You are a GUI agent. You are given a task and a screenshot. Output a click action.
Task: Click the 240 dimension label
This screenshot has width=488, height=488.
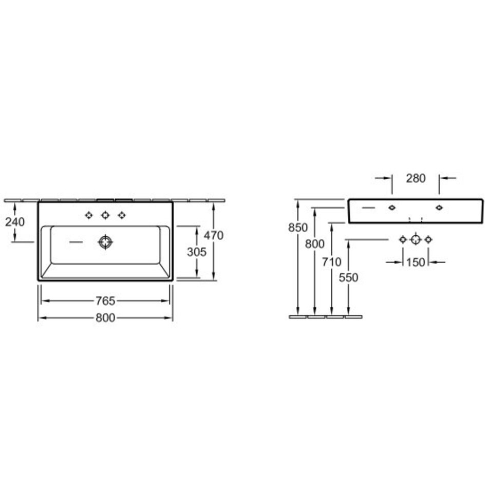pyautogui.click(x=14, y=222)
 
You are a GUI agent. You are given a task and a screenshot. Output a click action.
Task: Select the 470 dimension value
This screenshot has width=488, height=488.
pyautogui.click(x=214, y=235)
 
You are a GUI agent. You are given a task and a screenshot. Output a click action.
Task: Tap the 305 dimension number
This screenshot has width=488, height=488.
pyautogui.click(x=197, y=252)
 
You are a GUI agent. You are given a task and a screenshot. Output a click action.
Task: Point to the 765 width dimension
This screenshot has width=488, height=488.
pyautogui.click(x=105, y=301)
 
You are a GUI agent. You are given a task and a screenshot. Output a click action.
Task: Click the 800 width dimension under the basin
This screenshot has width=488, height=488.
pyautogui.click(x=105, y=318)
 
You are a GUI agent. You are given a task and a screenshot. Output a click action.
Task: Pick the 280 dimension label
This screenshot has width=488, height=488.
pyautogui.click(x=416, y=178)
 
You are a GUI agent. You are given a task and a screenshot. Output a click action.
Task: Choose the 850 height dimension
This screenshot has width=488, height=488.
pyautogui.click(x=298, y=228)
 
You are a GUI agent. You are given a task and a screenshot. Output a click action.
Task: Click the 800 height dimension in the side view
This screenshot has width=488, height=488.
pyautogui.click(x=315, y=244)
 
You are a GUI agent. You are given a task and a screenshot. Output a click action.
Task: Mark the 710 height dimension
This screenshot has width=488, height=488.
pyautogui.click(x=331, y=262)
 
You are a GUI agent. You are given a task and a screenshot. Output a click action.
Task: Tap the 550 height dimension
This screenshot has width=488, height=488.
pyautogui.click(x=349, y=277)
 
